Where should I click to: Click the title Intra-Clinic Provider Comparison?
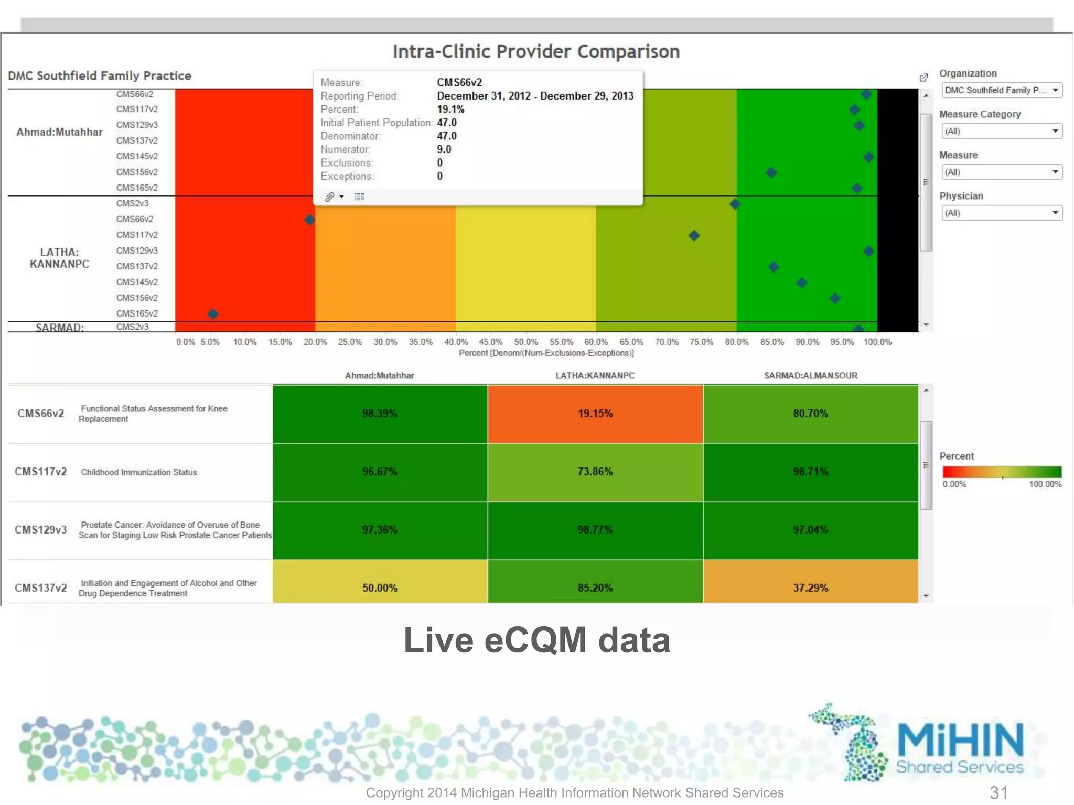536,51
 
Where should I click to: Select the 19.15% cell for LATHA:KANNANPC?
595,414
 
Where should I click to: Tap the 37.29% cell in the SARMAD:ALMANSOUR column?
810,588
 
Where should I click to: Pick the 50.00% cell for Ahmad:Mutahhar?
380,588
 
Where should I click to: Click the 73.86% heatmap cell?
595,472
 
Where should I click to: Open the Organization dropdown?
1002,90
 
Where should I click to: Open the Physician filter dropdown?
1002,213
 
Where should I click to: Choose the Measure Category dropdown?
1002,131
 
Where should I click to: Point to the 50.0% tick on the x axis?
526,342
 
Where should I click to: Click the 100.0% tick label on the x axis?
877,342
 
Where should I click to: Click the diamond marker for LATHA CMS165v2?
213,314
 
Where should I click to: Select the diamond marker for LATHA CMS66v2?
309,220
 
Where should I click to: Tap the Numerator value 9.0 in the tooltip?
444,149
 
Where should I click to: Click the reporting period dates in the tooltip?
535,96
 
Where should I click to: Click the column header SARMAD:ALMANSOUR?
810,376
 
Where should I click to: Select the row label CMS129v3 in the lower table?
41,530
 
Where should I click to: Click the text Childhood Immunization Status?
139,472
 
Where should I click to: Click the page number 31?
998,792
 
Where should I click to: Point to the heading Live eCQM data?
536,640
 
